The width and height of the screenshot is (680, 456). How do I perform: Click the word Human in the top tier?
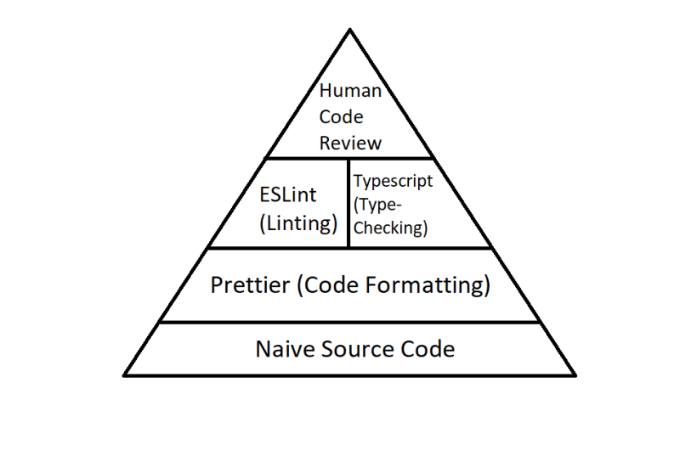[x=350, y=91]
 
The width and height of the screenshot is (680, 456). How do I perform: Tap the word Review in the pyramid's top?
[x=350, y=143]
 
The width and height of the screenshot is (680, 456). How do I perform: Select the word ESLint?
[x=288, y=194]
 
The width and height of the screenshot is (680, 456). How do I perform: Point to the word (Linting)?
[x=298, y=223]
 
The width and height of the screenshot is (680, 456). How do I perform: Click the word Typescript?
[x=393, y=181]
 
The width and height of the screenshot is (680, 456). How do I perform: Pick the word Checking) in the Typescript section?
[x=391, y=228]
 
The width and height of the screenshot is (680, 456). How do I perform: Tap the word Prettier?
[x=250, y=284]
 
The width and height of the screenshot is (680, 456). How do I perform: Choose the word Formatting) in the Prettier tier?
[x=428, y=285]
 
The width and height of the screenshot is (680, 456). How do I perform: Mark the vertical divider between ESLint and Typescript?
[x=348, y=203]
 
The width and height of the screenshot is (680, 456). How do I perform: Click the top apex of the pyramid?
[x=350, y=29]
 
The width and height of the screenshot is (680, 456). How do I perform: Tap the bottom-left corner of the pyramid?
[x=124, y=375]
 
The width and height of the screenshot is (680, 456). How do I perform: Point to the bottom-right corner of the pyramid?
[x=575, y=375]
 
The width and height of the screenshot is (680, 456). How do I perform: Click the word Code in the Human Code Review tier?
[x=342, y=117]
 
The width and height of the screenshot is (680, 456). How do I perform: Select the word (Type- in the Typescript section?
[x=377, y=205]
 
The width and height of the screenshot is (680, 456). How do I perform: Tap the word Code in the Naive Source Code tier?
[x=428, y=349]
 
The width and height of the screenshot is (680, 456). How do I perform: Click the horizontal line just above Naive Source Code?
[x=349, y=322]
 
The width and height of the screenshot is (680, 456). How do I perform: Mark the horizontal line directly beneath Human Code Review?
[x=350, y=159]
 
